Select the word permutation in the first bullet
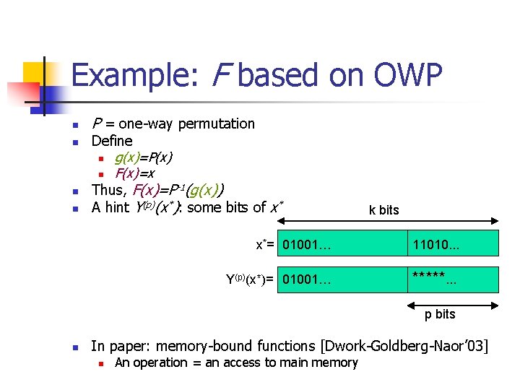point(216,123)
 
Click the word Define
point(112,141)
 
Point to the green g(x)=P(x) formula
point(143,157)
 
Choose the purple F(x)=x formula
point(134,174)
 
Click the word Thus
point(108,191)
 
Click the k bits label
point(383,210)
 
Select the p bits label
point(440,314)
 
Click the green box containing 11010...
point(453,243)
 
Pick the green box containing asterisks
point(453,279)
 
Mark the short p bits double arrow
point(453,298)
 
